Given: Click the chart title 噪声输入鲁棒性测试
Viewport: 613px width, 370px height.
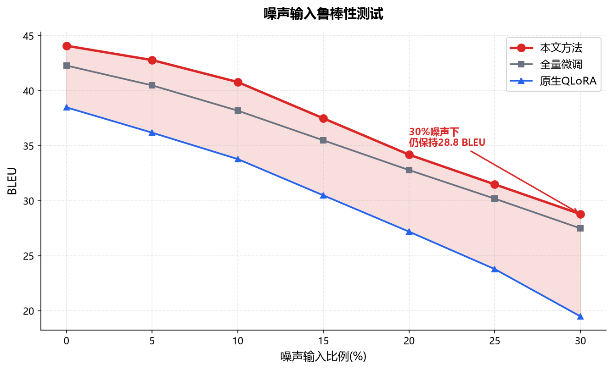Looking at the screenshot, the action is (323, 14).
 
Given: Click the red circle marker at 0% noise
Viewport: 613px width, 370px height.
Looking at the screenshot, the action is (67, 46).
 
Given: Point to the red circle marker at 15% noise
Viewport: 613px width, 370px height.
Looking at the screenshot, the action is (323, 119).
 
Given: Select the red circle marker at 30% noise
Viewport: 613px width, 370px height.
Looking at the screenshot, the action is (580, 215).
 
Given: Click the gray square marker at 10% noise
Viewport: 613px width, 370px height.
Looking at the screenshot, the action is (238, 110).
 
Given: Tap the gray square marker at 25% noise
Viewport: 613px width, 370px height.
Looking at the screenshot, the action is (495, 199).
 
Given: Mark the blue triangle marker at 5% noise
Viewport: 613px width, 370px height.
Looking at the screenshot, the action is (152, 133).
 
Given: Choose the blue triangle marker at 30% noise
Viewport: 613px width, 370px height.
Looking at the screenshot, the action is (580, 316).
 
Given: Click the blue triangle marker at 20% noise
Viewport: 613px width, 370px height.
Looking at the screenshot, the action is (409, 232).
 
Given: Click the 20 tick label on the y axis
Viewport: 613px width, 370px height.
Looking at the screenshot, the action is (28, 311).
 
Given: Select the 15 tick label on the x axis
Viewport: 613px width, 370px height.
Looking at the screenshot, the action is (323, 341).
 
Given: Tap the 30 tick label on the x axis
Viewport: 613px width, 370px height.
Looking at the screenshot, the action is (580, 341).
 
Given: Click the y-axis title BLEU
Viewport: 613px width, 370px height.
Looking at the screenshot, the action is (12, 181).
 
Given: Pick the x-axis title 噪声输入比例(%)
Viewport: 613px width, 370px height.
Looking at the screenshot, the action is (323, 357).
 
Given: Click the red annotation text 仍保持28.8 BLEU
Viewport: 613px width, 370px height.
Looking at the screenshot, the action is (447, 143).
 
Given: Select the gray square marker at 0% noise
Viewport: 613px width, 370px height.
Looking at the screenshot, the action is (67, 66).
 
